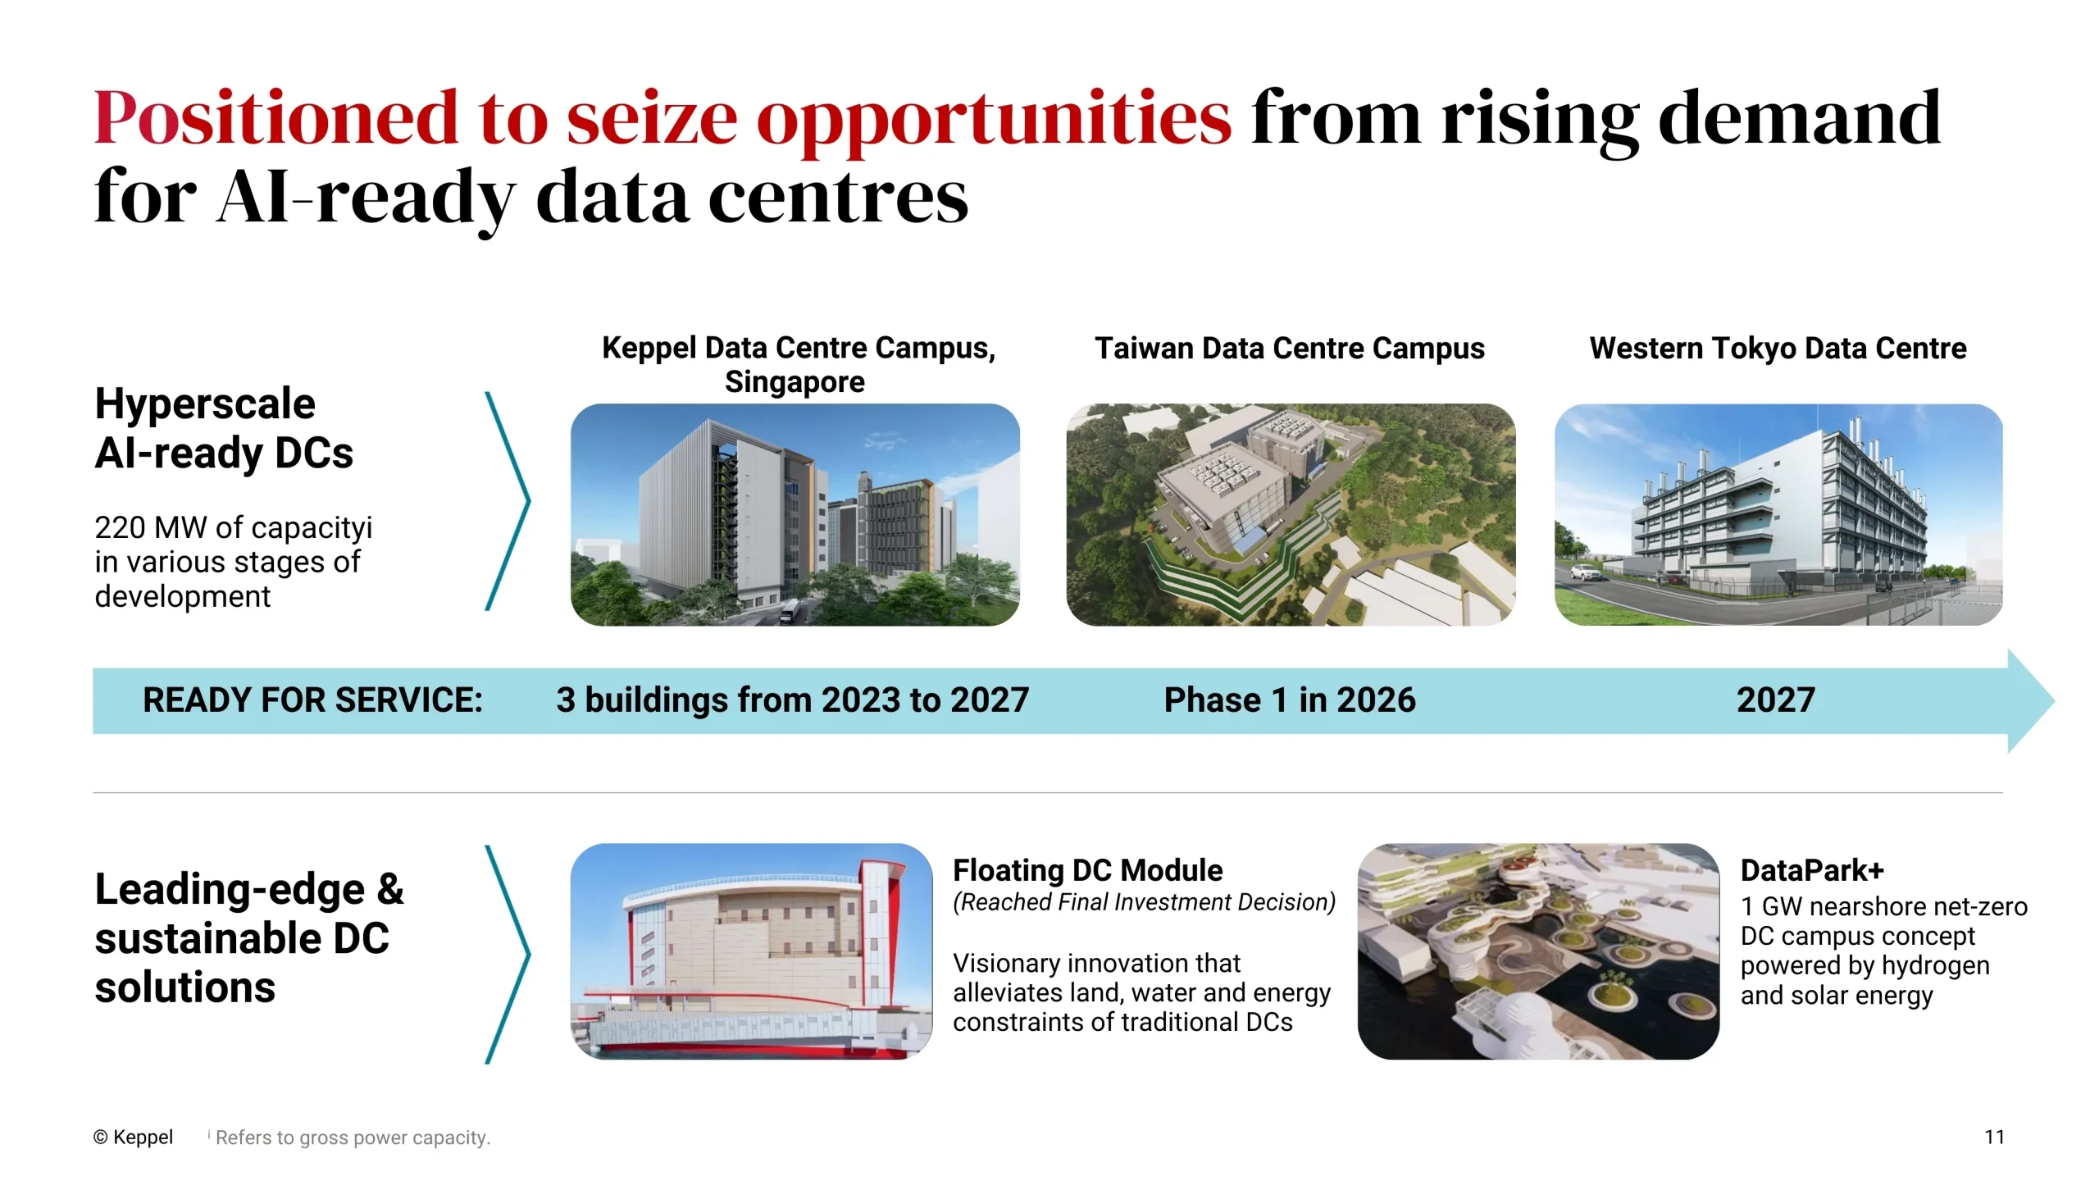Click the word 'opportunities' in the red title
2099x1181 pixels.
993,121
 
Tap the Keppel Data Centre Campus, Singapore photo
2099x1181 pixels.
795,514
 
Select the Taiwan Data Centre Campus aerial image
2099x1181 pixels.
1290,514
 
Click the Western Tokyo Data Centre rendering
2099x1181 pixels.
1778,514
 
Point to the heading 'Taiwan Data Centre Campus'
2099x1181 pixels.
1290,349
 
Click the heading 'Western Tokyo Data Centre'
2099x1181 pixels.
1778,349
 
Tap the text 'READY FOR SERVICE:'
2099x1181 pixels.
312,700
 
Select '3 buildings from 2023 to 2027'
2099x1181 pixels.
792,700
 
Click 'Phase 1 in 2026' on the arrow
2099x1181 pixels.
1290,700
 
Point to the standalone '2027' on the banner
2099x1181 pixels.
1776,700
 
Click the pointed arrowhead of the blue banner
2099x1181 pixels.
2053,700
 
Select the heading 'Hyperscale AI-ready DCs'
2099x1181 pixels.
224,428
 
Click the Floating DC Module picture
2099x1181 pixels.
751,951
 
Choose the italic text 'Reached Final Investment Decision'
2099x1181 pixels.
1144,902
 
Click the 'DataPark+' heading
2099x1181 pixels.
1812,870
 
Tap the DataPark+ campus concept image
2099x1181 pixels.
1538,951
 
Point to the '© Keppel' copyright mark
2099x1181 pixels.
133,1138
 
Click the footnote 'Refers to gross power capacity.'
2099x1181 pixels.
353,1138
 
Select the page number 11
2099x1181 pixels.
1994,1138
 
